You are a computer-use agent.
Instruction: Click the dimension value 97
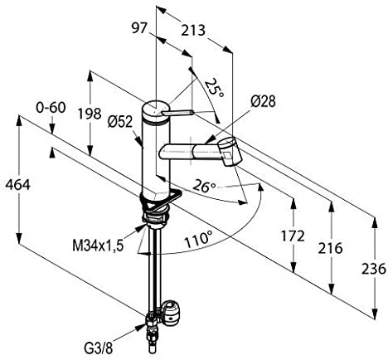tap(138, 28)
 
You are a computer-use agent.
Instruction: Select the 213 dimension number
tap(193, 30)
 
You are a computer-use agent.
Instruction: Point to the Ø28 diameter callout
tap(263, 101)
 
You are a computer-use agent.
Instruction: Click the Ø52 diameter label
tap(120, 121)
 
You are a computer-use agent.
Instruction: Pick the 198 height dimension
tap(90, 114)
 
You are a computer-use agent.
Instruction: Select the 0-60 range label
tap(51, 107)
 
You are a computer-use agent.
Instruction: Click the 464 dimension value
tap(18, 185)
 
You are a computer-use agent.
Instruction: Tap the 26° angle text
tap(204, 187)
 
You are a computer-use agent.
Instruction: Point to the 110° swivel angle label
tap(199, 240)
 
